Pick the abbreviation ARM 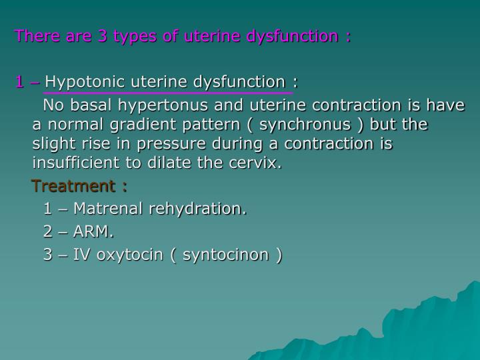click(93, 233)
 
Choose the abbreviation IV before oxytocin click(83, 255)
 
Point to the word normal click(73, 125)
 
